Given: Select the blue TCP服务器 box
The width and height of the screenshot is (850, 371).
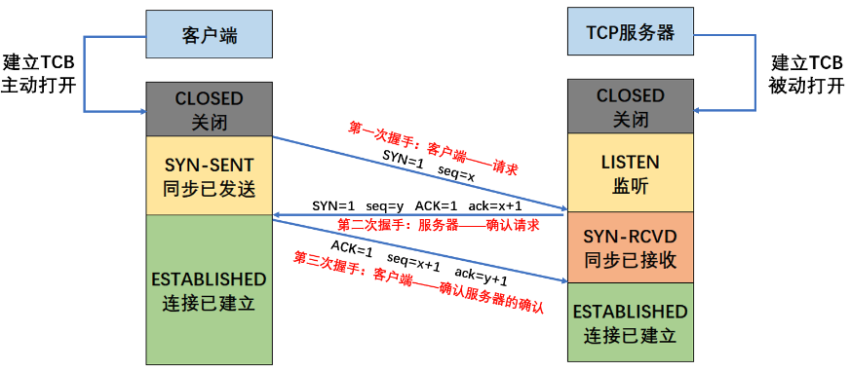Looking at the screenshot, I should tap(630, 33).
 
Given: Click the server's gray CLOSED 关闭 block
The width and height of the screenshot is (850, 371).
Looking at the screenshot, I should tap(630, 107).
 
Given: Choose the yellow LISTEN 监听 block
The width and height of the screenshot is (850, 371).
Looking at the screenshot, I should tap(630, 172).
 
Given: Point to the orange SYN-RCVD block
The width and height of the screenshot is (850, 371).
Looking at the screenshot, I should tap(630, 247).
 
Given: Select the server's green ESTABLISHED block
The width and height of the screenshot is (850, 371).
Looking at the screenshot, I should tap(630, 323).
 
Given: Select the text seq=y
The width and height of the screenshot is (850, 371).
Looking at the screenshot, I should tap(384, 205).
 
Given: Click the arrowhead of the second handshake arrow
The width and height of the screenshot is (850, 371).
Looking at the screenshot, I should tap(278, 215).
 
